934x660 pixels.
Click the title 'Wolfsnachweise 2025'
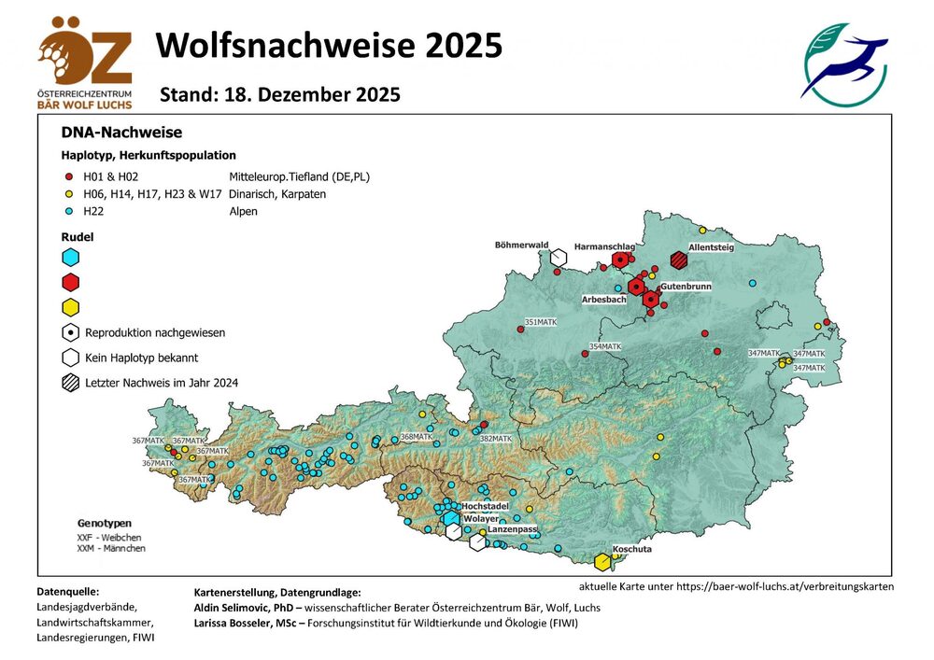pos(329,45)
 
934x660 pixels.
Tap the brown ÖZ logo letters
pos(85,54)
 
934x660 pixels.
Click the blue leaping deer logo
pos(845,63)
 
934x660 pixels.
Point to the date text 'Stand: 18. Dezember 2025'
pos(280,95)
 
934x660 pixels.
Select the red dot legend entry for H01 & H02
pos(67,176)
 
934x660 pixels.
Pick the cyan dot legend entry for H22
pos(67,212)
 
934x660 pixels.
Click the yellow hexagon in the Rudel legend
pos(70,307)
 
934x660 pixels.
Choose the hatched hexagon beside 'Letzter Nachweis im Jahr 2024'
pos(70,382)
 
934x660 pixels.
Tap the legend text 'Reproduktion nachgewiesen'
pos(154,332)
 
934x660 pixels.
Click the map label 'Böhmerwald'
pos(521,245)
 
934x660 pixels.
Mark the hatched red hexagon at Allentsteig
pos(679,260)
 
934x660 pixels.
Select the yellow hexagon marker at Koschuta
pos(603,561)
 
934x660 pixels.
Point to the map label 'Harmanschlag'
pos(603,246)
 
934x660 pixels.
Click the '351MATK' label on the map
pos(541,322)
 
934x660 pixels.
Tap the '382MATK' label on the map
pos(495,438)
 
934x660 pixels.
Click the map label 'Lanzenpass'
pos(513,530)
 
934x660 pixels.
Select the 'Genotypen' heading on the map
pos(105,523)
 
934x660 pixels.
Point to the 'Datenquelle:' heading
pos(67,591)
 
